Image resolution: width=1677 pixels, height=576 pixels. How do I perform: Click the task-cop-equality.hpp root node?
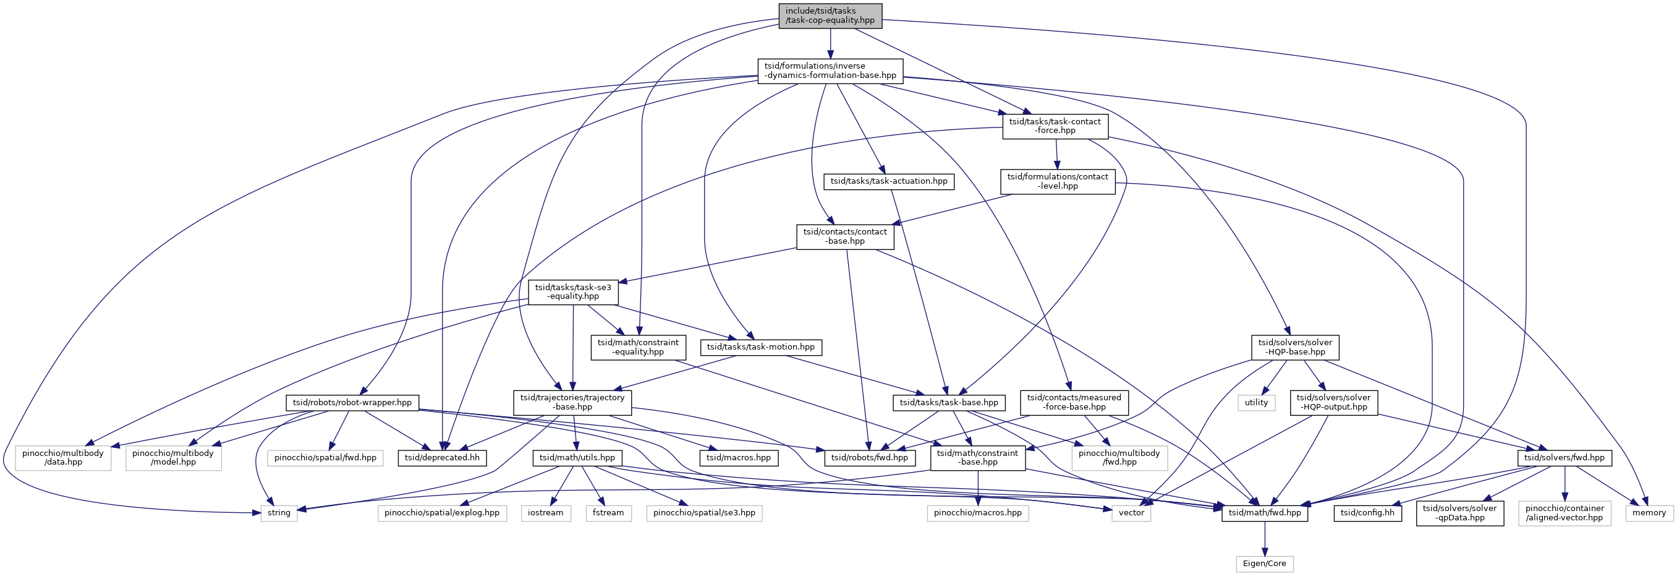tap(830, 15)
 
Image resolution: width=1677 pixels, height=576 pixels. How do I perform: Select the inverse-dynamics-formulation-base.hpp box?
tap(830, 71)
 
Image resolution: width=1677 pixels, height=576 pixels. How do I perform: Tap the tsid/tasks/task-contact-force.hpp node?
tap(1055, 126)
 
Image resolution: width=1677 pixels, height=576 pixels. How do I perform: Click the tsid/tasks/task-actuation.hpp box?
tap(889, 181)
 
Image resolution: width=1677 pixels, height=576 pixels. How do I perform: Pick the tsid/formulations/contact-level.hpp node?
tap(1057, 181)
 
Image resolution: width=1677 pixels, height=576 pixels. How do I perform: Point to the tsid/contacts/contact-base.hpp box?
tap(845, 236)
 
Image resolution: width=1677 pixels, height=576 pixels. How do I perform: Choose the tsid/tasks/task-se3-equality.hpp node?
tap(573, 292)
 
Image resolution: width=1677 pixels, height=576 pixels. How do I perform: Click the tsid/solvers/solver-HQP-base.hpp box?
tap(1295, 347)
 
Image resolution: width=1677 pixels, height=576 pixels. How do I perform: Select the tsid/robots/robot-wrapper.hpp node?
tap(352, 403)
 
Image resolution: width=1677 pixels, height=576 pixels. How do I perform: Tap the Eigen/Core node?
tap(1264, 564)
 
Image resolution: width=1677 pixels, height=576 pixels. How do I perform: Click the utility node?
tap(1256, 403)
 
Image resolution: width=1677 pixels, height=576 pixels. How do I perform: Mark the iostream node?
tap(546, 513)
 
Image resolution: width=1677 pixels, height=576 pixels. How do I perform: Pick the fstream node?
tap(608, 513)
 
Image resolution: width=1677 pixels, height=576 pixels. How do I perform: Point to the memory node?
tap(1649, 513)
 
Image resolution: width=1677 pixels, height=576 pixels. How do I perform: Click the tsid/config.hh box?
tap(1367, 513)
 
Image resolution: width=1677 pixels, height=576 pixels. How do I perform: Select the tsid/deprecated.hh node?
tap(442, 458)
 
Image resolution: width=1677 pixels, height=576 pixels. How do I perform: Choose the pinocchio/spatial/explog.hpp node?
tap(441, 513)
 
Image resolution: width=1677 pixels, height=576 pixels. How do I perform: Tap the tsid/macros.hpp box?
tap(738, 458)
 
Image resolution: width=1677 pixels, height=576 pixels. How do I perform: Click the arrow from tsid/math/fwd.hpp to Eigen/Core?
tap(1264, 539)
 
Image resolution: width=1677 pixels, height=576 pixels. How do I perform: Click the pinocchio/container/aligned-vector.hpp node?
tap(1564, 513)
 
